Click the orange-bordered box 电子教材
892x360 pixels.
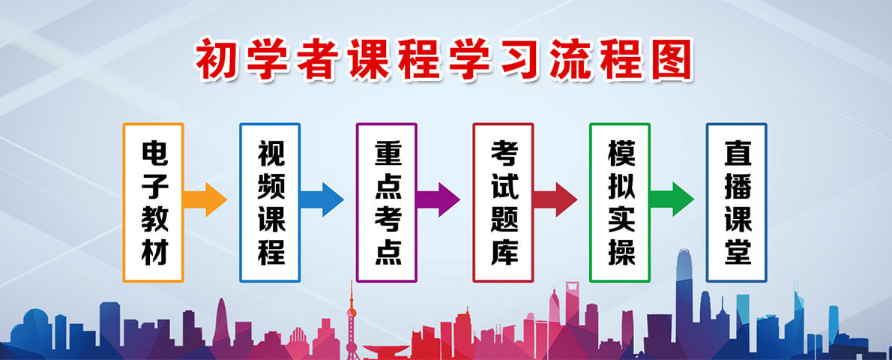click(x=153, y=202)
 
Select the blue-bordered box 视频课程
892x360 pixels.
click(x=270, y=202)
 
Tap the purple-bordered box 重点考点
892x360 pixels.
click(x=386, y=202)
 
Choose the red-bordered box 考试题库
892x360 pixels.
click(x=503, y=202)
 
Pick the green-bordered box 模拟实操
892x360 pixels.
click(x=619, y=202)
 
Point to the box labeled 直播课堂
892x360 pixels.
click(x=736, y=202)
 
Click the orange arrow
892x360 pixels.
click(x=205, y=199)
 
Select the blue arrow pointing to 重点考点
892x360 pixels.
click(x=322, y=199)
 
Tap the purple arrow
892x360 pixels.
click(x=439, y=199)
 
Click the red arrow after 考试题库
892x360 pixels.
click(x=555, y=199)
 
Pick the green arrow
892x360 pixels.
click(x=672, y=199)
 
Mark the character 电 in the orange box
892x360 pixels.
click(x=154, y=153)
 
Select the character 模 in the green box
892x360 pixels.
click(x=620, y=153)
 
